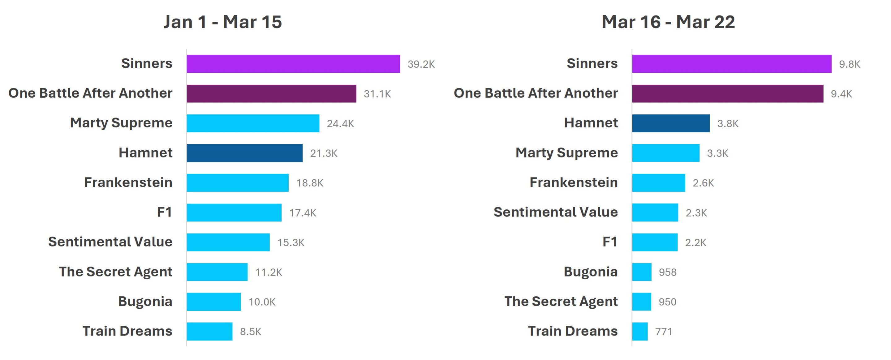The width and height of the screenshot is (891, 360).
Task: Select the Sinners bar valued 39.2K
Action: click(293, 64)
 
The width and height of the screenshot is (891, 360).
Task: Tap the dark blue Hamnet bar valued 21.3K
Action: click(244, 153)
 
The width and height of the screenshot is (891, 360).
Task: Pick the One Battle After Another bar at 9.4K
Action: click(727, 93)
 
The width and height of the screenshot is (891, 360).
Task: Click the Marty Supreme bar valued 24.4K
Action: click(253, 123)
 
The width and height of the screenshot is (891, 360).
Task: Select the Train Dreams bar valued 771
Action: click(639, 331)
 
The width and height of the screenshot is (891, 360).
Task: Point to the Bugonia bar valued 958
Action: click(642, 272)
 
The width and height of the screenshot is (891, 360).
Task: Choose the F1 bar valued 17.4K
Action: click(234, 212)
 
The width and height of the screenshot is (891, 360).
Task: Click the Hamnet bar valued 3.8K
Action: click(671, 123)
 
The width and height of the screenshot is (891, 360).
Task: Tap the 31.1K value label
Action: click(377, 94)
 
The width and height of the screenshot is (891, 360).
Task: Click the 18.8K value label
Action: click(310, 183)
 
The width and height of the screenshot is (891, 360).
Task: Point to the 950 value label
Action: click(667, 302)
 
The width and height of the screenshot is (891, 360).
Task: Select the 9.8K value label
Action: click(850, 64)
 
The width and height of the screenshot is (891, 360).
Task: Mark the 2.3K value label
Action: click(696, 213)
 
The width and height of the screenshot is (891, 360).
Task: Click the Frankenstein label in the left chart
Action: click(128, 182)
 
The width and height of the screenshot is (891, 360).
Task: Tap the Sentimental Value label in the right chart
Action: click(556, 212)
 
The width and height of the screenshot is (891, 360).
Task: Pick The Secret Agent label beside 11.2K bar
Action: click(115, 272)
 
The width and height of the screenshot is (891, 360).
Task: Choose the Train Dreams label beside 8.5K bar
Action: click(127, 331)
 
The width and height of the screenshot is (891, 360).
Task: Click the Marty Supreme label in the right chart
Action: click(566, 152)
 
